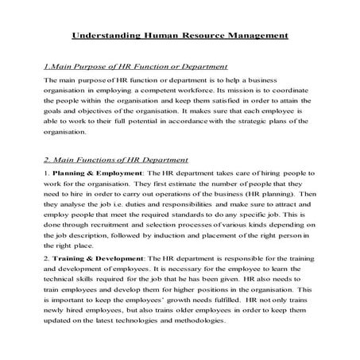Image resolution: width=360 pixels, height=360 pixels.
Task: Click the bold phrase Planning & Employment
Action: (x=88, y=172)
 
